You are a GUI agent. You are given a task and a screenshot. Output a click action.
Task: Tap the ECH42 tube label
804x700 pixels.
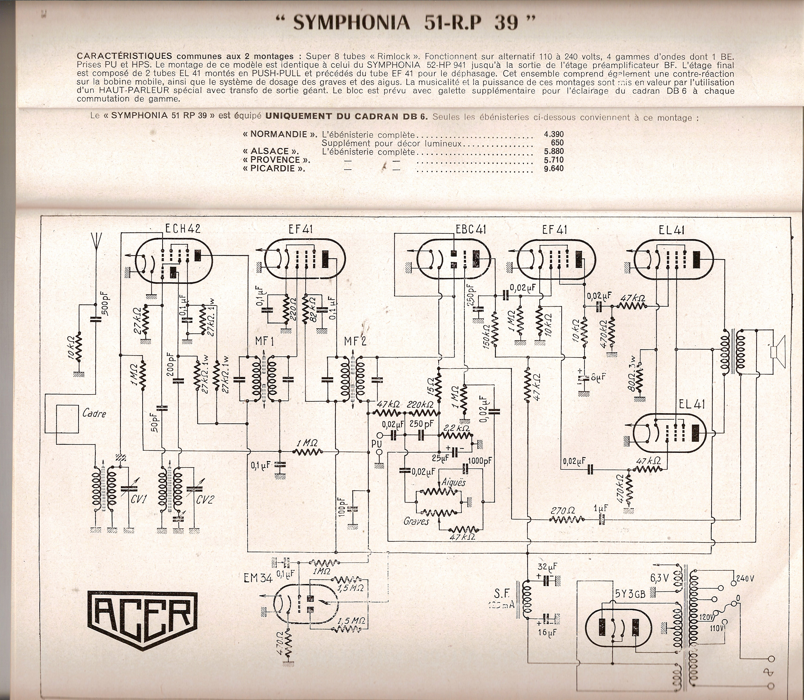(x=183, y=229)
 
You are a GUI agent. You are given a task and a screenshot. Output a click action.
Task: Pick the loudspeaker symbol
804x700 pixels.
(x=777, y=352)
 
